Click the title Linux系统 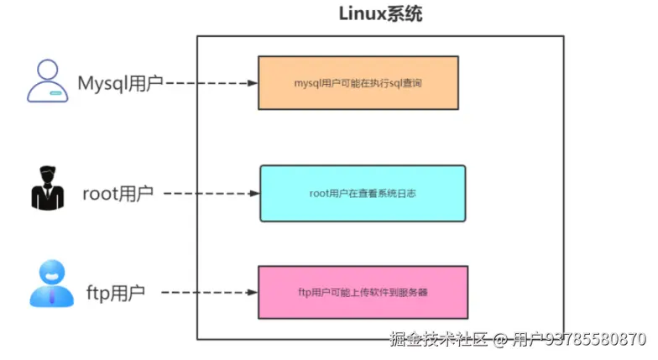[x=380, y=13]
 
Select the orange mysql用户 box [x=358, y=83]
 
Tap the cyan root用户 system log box [x=363, y=193]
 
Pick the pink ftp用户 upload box [x=363, y=292]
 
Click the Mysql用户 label [x=121, y=83]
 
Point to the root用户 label [x=117, y=194]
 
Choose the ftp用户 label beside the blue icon [x=116, y=293]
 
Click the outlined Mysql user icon [x=47, y=81]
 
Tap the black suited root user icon [x=47, y=188]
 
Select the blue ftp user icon [x=52, y=284]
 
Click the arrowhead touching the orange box [x=253, y=83]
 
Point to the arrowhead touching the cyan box [x=254, y=193]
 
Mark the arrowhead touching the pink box [x=253, y=292]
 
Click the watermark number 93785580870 [x=596, y=339]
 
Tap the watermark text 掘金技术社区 [x=438, y=339]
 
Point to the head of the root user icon [x=47, y=175]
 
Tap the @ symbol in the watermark [x=499, y=339]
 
